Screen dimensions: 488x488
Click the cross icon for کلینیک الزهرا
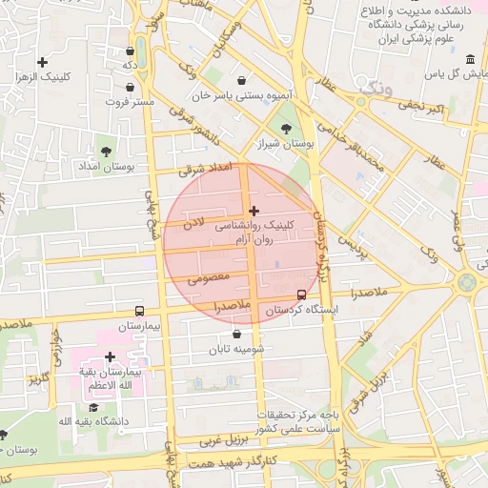42,62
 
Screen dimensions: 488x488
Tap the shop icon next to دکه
130,51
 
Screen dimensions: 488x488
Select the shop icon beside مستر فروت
131,88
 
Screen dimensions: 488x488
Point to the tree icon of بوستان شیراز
285,128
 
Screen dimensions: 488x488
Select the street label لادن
193,225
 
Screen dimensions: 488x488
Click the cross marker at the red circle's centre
253,211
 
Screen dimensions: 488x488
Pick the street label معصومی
207,278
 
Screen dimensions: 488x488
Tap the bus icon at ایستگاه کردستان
302,295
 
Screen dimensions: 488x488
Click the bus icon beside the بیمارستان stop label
140,311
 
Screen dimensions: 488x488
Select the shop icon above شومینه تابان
235,334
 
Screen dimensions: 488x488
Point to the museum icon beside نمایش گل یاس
472,59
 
